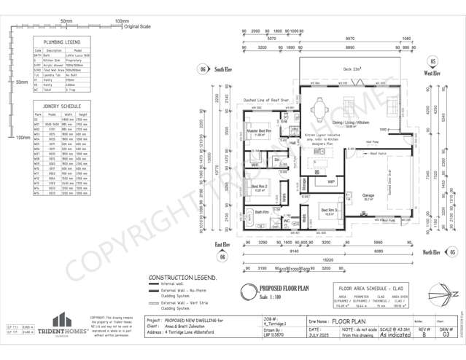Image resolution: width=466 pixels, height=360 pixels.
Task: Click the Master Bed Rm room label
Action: pos(259,132)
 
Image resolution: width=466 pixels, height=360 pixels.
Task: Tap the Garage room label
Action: pos(368,195)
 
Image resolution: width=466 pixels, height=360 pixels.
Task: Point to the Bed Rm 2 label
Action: pos(260,187)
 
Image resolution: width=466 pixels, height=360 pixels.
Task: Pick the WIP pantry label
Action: pos(330,181)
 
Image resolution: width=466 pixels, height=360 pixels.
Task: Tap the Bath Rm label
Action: pos(261,211)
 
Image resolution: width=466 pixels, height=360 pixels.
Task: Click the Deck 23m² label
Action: pos(353,69)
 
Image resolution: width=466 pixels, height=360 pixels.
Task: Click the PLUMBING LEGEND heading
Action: pos(62,43)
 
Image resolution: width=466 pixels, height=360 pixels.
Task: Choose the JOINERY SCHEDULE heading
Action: pos(61,106)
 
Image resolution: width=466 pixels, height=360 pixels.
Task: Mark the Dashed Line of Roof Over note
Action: pos(266,100)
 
